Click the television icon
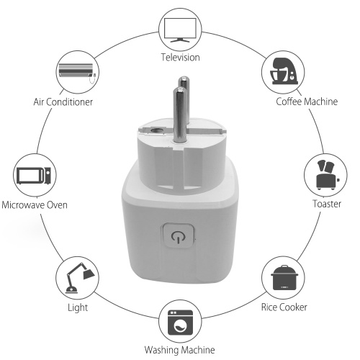tap(180, 30)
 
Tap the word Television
tap(180, 58)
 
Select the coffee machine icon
tap(283, 71)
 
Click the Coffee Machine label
tap(307, 102)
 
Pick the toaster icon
tap(327, 175)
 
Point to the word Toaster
tap(327, 204)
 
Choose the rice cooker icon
tap(284, 278)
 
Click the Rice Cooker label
tap(284, 307)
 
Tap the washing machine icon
tap(180, 323)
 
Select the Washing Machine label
tap(179, 350)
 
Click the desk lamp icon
tap(79, 278)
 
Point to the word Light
tap(78, 307)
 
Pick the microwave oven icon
tap(34, 176)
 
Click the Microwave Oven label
tap(35, 205)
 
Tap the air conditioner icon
tap(77, 72)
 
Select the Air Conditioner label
tap(63, 102)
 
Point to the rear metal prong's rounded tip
tap(184, 79)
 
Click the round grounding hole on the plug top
tap(156, 131)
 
